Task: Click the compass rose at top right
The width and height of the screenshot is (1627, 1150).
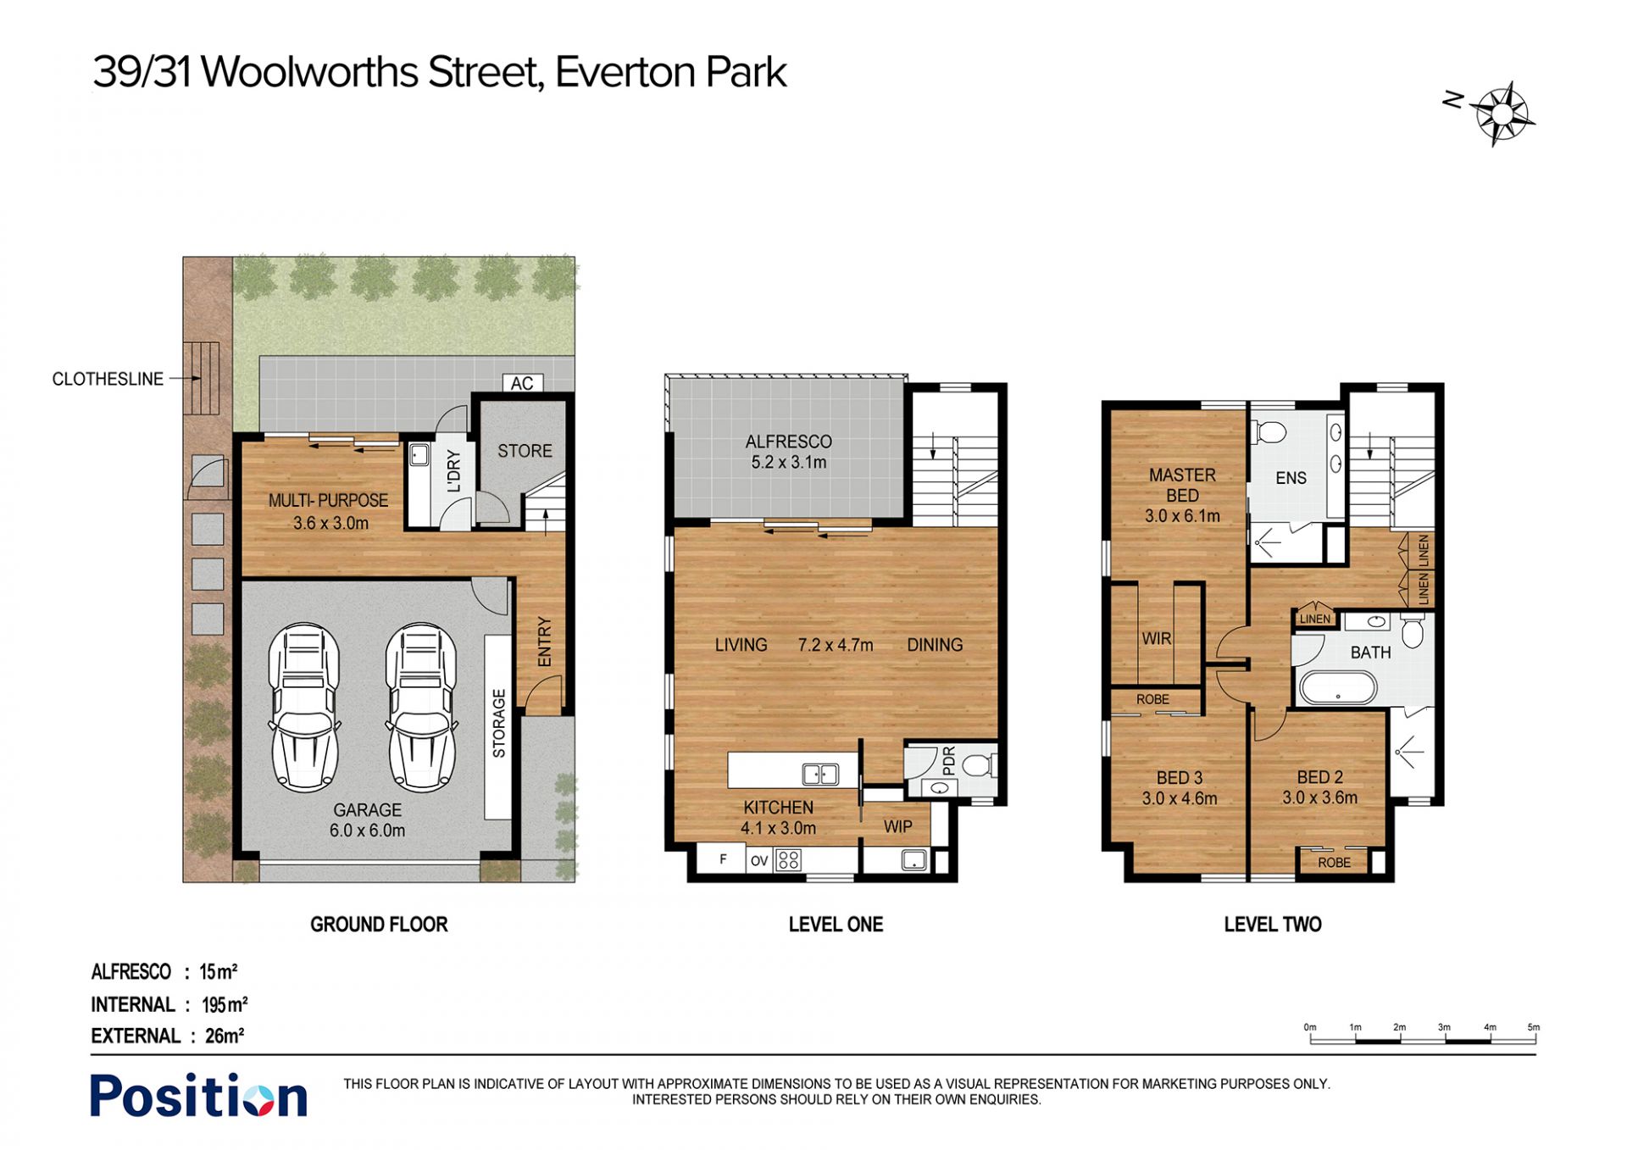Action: coord(1502,114)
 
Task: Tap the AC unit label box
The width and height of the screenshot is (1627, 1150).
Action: coord(522,383)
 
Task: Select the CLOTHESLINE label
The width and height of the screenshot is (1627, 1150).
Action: coord(108,379)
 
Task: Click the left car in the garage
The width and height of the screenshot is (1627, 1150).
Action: coord(304,708)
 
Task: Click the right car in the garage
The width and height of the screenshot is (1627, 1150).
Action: coord(421,708)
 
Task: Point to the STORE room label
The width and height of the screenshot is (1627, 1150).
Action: coord(525,451)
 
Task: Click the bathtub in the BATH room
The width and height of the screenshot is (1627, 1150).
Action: coord(1338,687)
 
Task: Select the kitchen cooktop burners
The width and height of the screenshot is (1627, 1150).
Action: coord(788,860)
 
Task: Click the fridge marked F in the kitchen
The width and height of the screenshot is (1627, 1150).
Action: coord(722,859)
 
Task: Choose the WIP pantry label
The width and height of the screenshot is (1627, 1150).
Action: coord(897,826)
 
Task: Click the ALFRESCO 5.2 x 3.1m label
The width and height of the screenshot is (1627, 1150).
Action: coord(789,452)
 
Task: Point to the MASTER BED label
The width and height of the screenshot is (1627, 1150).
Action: coord(1182,485)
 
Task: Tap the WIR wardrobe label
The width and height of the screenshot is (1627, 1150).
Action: coord(1156,638)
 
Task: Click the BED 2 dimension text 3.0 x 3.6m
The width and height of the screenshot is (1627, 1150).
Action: coord(1319,797)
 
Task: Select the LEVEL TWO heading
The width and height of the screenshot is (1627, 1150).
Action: coord(1273,925)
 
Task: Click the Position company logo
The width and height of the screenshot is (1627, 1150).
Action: coord(198,1096)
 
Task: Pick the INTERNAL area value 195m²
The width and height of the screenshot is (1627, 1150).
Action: coord(225,1004)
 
